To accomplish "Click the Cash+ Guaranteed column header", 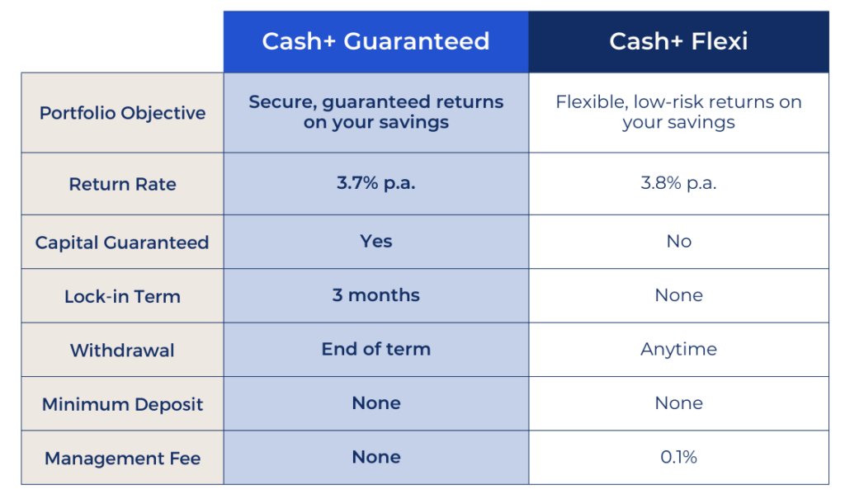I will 375,41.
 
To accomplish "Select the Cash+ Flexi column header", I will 678,41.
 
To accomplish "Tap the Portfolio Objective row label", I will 122,113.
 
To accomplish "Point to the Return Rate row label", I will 122,184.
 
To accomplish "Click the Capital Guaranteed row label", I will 122,242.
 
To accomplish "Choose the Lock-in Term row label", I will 122,296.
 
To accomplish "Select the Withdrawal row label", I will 122,351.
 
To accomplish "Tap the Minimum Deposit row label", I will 122,404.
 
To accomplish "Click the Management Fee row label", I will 122,458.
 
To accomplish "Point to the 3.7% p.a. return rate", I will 375,183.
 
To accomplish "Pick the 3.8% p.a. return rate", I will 678,183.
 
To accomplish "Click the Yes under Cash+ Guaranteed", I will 375,242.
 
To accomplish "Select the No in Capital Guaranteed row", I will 678,242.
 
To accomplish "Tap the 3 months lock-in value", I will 375,295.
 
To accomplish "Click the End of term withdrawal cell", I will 375,349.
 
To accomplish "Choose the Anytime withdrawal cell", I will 678,349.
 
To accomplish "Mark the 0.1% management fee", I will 678,457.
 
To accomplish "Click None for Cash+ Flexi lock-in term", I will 678,295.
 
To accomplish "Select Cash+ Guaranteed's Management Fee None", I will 375,457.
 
